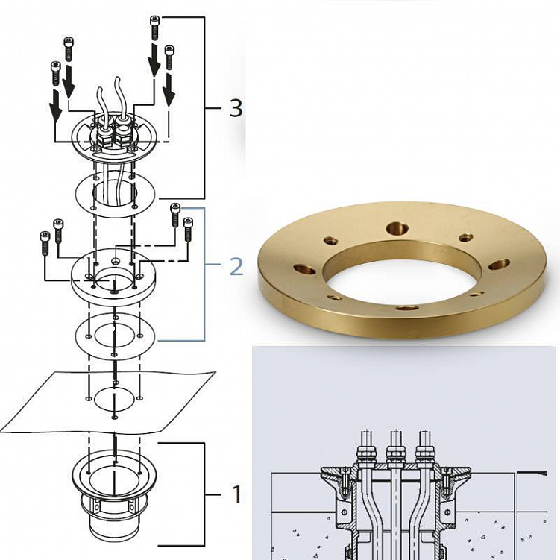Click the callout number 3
coord(236,108)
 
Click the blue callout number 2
coord(236,267)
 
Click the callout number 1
coord(237,494)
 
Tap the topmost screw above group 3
coord(154,28)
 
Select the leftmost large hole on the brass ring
coord(304,268)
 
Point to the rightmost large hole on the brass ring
coord(499,264)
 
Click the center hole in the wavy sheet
coord(114,400)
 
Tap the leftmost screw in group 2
coord(45,243)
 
